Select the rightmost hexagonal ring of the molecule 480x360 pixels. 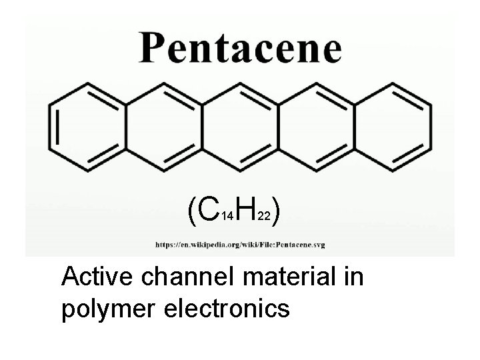393,126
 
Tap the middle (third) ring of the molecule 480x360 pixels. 241,126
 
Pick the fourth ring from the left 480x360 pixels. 317,126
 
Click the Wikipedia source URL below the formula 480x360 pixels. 241,245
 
